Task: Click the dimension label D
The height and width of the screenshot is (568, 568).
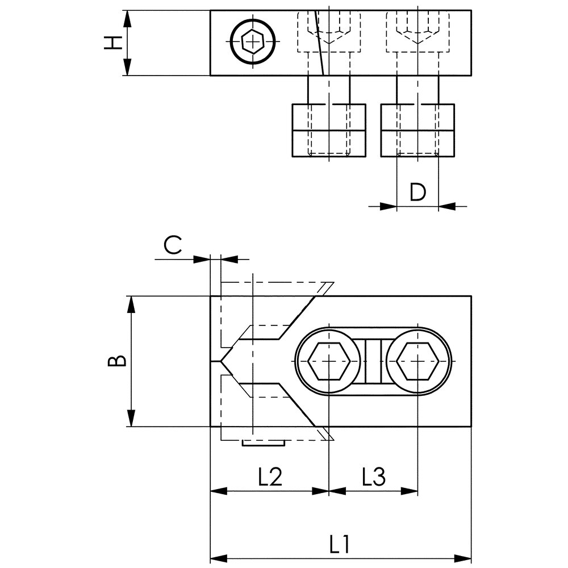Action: [x=417, y=192]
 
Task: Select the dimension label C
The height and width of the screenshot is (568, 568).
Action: [x=173, y=245]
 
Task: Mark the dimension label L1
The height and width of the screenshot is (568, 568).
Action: [x=339, y=546]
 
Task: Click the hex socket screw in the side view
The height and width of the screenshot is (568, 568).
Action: [x=253, y=42]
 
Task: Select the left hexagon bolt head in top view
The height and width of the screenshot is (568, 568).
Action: [x=328, y=361]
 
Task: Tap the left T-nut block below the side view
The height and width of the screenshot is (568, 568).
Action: [x=328, y=131]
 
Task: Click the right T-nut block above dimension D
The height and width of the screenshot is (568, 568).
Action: [x=417, y=131]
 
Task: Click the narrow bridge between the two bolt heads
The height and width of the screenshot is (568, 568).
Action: [x=373, y=361]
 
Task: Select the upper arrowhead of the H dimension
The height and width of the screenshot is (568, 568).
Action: [x=127, y=17]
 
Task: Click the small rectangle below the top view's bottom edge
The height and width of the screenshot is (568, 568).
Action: [x=263, y=442]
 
